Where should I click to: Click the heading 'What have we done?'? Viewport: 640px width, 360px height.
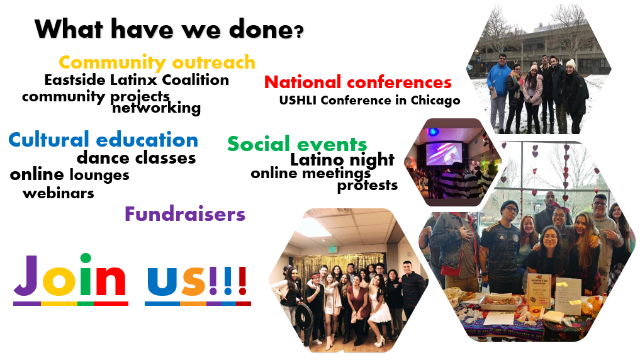pyautogui.click(x=169, y=30)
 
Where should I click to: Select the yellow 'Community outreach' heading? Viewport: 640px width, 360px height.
pyautogui.click(x=157, y=63)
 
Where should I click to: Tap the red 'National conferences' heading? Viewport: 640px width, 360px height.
pyautogui.click(x=358, y=82)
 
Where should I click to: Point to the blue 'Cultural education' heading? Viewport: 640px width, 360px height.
pyautogui.click(x=103, y=140)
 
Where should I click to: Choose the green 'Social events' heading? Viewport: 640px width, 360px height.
pyautogui.click(x=297, y=144)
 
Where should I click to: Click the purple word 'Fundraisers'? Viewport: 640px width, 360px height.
pyautogui.click(x=185, y=214)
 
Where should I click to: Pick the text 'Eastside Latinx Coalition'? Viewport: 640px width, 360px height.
pyautogui.click(x=137, y=79)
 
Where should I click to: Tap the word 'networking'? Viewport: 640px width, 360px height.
pyautogui.click(x=156, y=108)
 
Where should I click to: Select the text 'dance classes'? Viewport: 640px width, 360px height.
pyautogui.click(x=137, y=157)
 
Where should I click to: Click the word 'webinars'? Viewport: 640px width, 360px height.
pyautogui.click(x=59, y=193)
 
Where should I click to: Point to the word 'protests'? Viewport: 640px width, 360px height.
pyautogui.click(x=368, y=186)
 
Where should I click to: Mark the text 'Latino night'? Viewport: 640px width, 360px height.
pyautogui.click(x=342, y=160)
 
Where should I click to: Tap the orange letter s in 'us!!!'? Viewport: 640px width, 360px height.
pyautogui.click(x=194, y=281)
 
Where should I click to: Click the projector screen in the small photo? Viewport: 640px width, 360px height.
pyautogui.click(x=444, y=154)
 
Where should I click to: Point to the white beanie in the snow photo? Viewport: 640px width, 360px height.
pyautogui.click(x=571, y=64)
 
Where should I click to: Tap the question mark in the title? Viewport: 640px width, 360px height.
pyautogui.click(x=299, y=31)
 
